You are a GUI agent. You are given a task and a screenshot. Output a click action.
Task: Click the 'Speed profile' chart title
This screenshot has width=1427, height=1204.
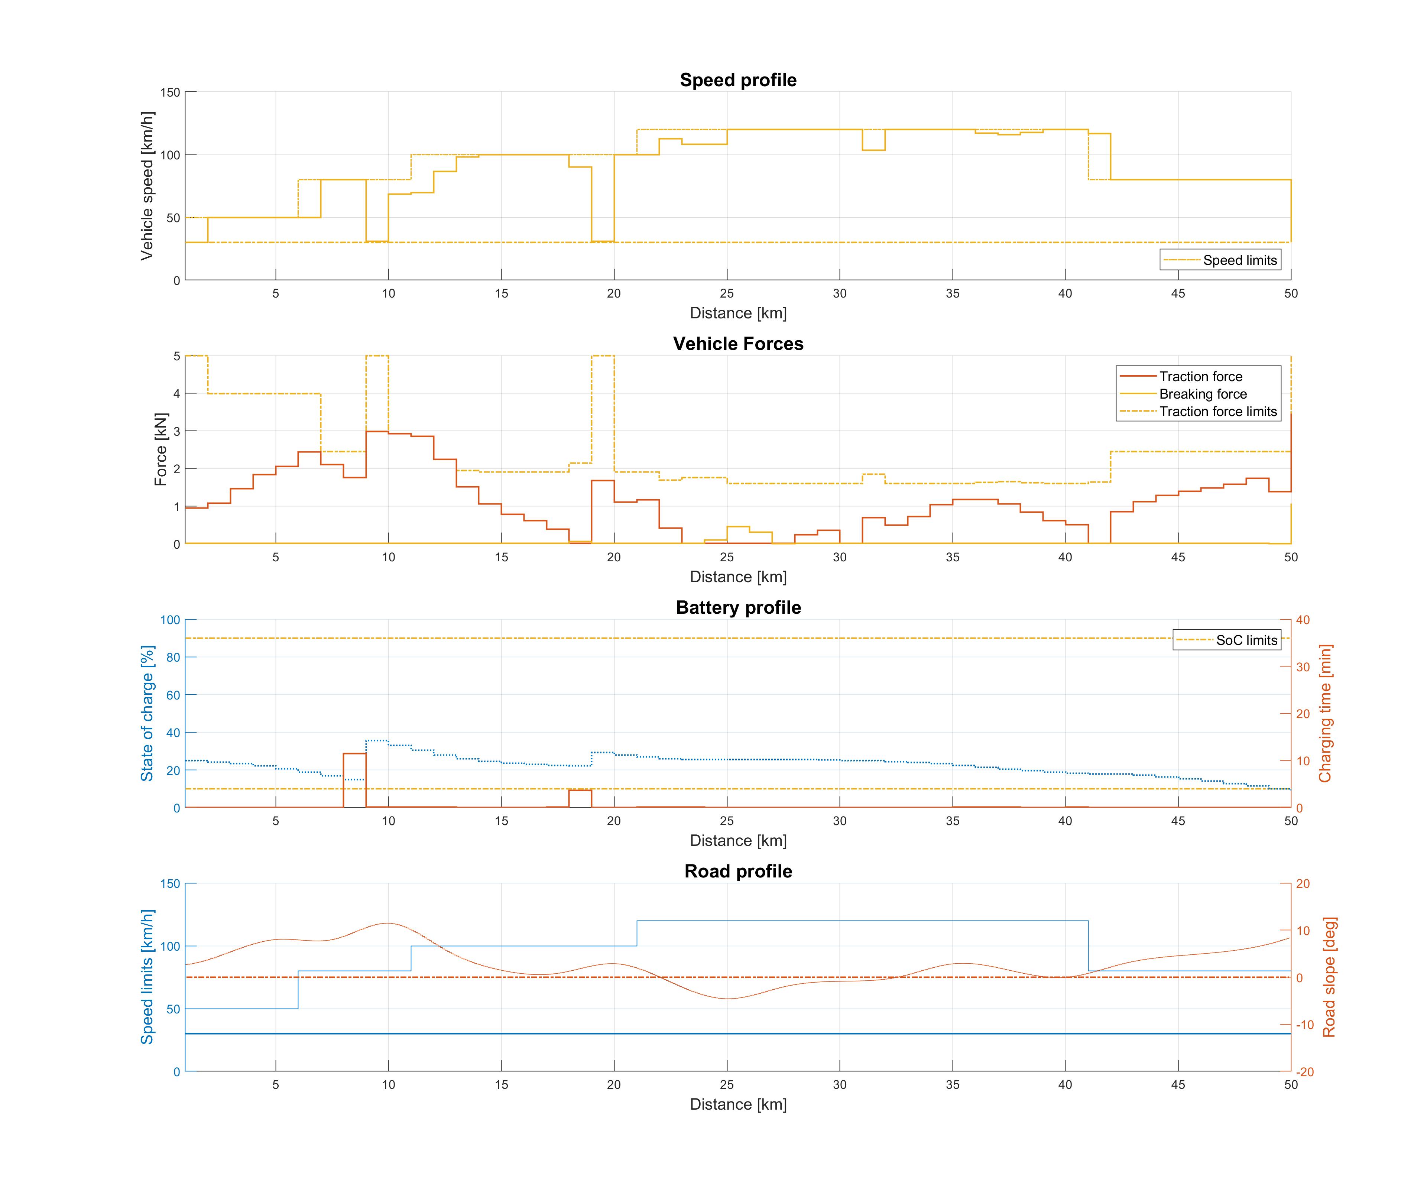[x=738, y=80]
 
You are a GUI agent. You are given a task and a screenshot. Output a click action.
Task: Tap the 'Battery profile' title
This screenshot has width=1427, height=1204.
[x=738, y=607]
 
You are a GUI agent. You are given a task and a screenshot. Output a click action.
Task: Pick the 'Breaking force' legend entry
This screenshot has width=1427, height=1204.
[x=1203, y=394]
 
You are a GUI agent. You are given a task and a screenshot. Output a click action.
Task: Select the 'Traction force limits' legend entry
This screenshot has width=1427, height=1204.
[x=1217, y=412]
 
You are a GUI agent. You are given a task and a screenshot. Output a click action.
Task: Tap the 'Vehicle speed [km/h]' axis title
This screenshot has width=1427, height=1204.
[x=147, y=186]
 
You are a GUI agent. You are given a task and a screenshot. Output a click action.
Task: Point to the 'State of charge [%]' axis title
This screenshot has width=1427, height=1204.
[x=147, y=713]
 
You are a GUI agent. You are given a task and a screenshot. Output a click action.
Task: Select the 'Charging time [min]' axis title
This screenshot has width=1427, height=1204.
[x=1324, y=713]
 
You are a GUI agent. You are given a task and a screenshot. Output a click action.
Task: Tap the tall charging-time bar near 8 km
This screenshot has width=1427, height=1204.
[x=354, y=779]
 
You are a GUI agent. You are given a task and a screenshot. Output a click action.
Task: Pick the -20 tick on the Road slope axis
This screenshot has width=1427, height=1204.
[x=1304, y=1072]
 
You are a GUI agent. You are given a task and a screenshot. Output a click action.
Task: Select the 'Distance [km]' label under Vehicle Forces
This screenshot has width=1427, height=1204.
[x=738, y=577]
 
